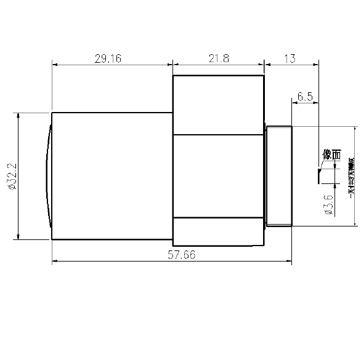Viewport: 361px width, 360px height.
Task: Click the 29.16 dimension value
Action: (x=108, y=58)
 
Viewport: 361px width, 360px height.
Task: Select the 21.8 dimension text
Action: (x=219, y=58)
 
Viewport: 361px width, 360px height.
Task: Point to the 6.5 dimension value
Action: (x=306, y=97)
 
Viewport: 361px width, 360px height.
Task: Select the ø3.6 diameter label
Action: (x=328, y=204)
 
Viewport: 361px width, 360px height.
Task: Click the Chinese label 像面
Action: (x=331, y=155)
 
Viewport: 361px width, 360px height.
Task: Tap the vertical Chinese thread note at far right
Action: (x=351, y=178)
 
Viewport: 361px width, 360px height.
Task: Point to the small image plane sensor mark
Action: (x=318, y=175)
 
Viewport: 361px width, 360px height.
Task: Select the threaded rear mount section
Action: (x=278, y=176)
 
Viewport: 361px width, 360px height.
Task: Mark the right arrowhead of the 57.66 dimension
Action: (x=289, y=262)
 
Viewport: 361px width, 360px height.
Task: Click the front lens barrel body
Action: (x=111, y=176)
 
